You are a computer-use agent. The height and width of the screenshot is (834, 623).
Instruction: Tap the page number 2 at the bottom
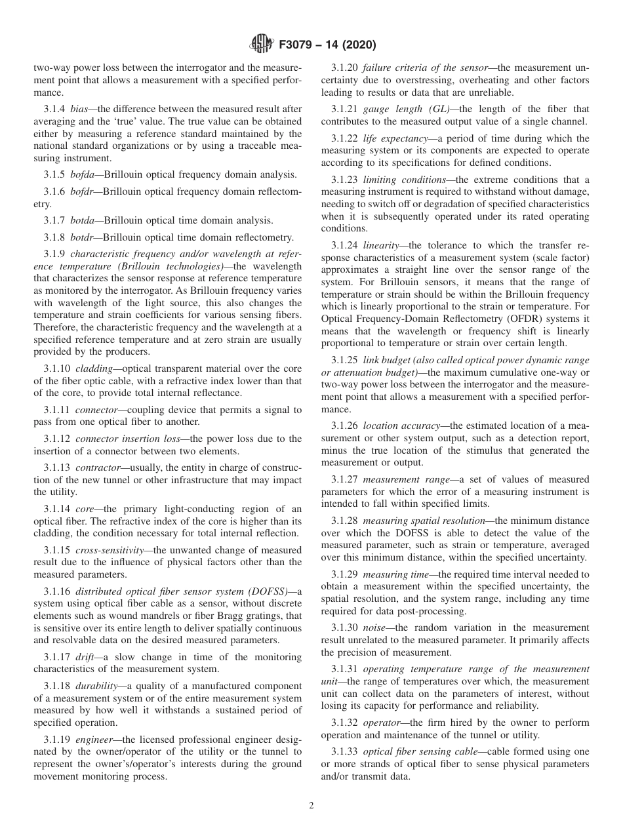311,806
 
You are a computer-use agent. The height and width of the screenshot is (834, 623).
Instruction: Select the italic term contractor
98,467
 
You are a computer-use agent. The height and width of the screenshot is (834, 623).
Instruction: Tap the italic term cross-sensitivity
111,549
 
